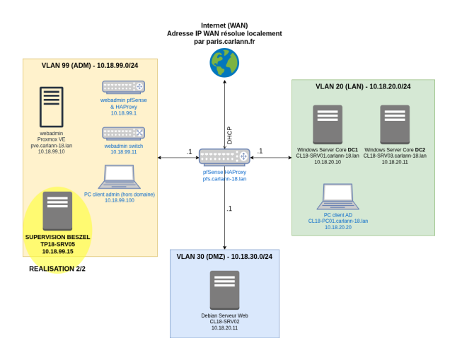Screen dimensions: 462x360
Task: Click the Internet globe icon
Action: [x=224, y=63]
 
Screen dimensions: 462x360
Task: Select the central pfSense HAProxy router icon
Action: [x=224, y=157]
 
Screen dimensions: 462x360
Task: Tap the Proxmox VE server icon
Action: [x=52, y=107]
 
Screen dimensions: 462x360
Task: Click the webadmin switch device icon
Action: [x=123, y=134]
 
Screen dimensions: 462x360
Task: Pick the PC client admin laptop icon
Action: [x=120, y=177]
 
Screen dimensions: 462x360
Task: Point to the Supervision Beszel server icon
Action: [x=57, y=211]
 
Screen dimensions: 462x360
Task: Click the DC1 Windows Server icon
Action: [x=328, y=124]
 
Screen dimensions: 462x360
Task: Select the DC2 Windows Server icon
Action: [x=395, y=124]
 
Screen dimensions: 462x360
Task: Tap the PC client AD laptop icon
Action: [x=338, y=197]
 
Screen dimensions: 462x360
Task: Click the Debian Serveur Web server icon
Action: [x=224, y=290]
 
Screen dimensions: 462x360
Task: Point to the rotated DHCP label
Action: [x=229, y=136]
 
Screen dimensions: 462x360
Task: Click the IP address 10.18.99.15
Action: [x=58, y=251]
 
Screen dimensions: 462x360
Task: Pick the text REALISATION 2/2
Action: [x=57, y=269]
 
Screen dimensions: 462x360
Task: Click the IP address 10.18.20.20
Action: [x=338, y=227]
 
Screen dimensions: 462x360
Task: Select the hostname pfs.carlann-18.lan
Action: [x=224, y=179]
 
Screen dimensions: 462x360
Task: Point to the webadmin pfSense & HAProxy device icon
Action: [x=123, y=87]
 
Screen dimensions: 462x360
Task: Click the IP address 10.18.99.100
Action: [x=120, y=200]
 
